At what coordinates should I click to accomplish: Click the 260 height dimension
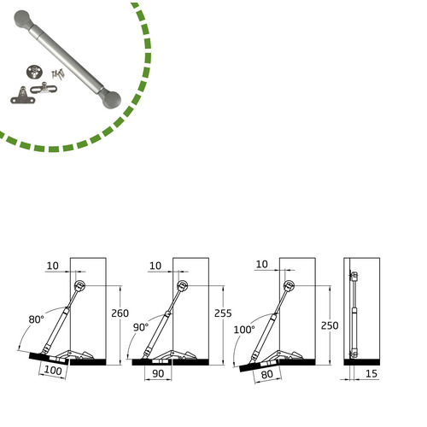[x=120, y=313]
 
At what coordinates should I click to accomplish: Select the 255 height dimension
[x=223, y=313]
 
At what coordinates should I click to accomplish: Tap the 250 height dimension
[x=330, y=325]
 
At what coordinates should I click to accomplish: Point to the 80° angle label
[x=37, y=319]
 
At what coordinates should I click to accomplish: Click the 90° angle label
[x=141, y=328]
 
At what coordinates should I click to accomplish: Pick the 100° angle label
[x=244, y=330]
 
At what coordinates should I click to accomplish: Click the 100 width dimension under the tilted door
[x=53, y=371]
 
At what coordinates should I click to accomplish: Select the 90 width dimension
[x=158, y=373]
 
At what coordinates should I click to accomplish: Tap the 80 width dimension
[x=267, y=374]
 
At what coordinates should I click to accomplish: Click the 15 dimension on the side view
[x=371, y=373]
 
